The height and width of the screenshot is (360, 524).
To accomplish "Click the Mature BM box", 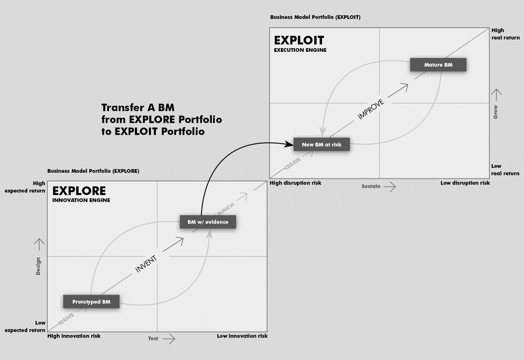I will click(x=438, y=65).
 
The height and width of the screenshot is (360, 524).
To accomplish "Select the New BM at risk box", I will click(x=322, y=144).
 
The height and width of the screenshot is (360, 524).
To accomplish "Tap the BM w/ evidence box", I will click(x=208, y=222).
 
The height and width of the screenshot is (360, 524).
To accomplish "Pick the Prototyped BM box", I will click(x=91, y=302).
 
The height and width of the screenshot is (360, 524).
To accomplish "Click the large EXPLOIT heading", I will click(x=299, y=40).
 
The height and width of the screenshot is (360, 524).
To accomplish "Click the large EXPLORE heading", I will click(x=79, y=191).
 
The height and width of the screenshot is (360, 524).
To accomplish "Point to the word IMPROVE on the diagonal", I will click(x=371, y=109).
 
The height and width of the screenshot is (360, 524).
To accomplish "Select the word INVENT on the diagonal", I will click(x=146, y=264).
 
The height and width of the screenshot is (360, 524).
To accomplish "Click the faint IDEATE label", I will click(x=66, y=319).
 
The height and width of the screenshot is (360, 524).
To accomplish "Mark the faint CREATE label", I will click(x=292, y=163).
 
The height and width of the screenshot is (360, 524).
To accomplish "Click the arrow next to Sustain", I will click(x=390, y=187).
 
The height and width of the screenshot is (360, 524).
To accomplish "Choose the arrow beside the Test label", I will click(x=169, y=339).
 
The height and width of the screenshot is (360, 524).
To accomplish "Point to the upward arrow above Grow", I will click(x=496, y=95).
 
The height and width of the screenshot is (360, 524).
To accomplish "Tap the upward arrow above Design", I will click(x=39, y=244).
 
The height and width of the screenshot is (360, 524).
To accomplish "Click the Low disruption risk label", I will click(x=465, y=183).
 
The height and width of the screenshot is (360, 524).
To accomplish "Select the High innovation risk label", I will click(x=74, y=336).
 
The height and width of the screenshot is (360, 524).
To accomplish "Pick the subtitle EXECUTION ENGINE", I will click(x=300, y=50).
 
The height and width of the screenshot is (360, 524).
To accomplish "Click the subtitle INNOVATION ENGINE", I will click(x=81, y=200).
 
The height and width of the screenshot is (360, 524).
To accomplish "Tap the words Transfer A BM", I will click(x=138, y=108).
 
